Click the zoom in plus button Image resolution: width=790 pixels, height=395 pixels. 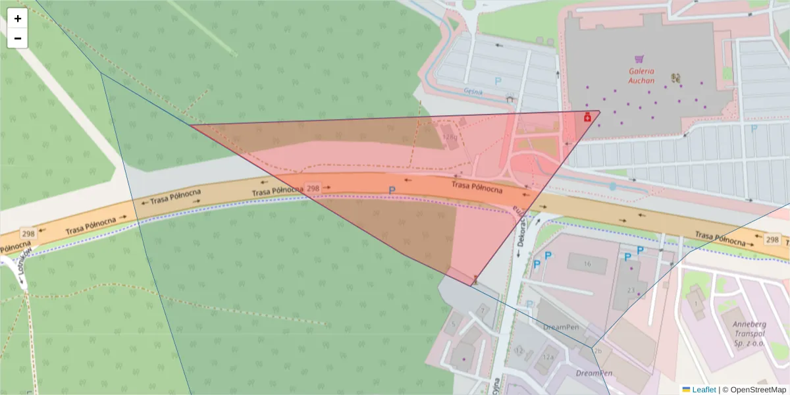pos(18,18)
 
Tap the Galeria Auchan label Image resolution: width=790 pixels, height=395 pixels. pos(641,76)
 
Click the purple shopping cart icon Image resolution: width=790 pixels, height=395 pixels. pos(639,59)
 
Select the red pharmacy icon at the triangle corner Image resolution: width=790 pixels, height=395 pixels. pos(587,117)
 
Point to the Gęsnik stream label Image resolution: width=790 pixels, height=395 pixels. pos(473,92)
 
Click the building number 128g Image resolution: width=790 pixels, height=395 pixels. pos(450,138)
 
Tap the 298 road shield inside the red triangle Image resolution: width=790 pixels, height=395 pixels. pos(313,188)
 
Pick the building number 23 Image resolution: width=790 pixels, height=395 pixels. pos(630,290)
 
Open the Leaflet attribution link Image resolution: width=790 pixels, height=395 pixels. pos(703,390)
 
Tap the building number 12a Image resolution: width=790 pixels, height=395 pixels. pos(548,356)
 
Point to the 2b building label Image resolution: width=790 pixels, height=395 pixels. pos(598,352)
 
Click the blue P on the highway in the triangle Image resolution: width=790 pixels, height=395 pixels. pos(392,190)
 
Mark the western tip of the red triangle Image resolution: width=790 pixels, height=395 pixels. pos(190,125)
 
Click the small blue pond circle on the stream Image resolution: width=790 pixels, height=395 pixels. pos(613,186)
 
